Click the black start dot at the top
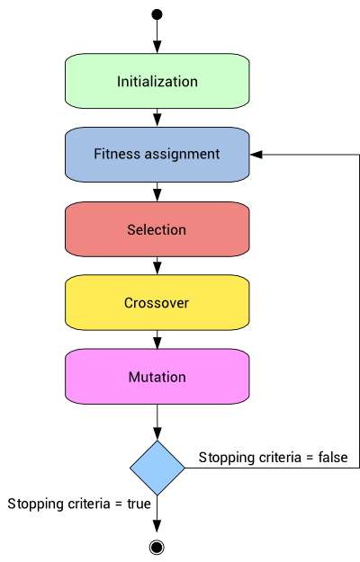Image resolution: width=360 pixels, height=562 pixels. point(157,13)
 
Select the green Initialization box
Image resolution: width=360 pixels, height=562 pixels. point(157,81)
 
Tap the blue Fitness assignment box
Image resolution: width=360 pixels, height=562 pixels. point(157,155)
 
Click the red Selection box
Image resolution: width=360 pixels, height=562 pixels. point(157,229)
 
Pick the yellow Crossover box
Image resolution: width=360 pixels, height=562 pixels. point(157,303)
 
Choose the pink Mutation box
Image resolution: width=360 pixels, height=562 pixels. point(157,377)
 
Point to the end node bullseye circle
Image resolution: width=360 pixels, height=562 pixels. point(157,547)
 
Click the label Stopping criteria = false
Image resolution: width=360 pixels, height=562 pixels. point(273,458)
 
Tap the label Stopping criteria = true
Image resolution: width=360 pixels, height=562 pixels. point(79,504)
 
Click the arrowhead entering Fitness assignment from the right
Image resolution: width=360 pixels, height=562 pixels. point(256,155)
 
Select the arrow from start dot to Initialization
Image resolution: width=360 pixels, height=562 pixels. point(157,36)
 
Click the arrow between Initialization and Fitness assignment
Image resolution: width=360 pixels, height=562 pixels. point(157,118)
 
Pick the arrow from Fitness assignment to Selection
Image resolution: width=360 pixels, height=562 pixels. point(157,192)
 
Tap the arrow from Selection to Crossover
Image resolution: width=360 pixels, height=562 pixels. point(157,265)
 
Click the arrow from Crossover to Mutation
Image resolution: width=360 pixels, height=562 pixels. point(157,339)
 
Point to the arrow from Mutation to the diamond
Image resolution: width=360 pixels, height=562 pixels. point(157,421)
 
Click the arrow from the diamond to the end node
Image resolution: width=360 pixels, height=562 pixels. point(157,517)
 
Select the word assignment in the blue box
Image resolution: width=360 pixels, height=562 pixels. point(186,155)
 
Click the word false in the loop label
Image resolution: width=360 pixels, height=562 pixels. point(331,458)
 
